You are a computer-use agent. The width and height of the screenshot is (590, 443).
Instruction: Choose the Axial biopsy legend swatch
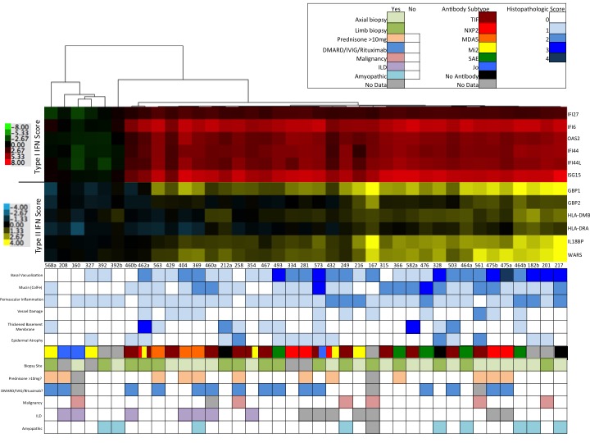[x=396, y=16]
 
